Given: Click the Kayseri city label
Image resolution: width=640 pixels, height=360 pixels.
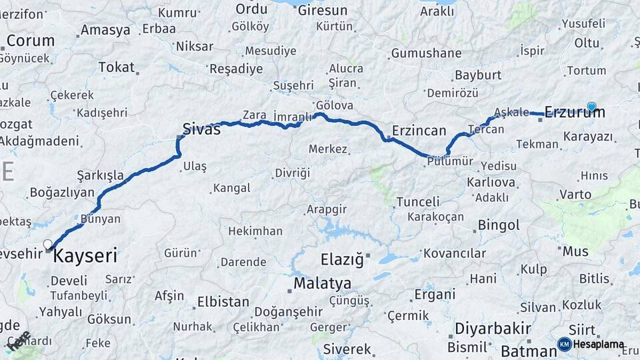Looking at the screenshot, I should tap(85, 255).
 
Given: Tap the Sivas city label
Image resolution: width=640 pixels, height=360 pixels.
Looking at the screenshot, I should tap(201, 129).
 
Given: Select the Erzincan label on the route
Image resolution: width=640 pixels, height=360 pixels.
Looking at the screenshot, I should tap(419, 129).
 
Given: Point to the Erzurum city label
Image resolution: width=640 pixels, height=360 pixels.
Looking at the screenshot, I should tap(575, 113).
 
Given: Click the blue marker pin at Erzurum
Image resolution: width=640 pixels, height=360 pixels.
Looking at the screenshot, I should tap(591, 106).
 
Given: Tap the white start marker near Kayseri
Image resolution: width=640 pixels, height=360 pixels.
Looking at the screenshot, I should tap(47, 245).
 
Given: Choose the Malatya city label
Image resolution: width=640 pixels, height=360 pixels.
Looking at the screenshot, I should tap(323, 283).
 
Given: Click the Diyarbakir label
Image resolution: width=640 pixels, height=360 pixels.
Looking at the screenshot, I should tap(493, 329).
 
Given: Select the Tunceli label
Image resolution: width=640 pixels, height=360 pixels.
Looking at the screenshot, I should tap(418, 201).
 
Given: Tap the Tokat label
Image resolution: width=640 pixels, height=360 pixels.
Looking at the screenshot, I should tap(116, 67).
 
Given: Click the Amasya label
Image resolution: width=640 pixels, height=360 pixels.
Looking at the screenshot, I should tap(105, 30).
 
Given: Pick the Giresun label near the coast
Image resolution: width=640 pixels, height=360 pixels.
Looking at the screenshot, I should tap(323, 11).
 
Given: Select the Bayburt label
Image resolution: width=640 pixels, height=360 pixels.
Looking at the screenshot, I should tap(477, 75).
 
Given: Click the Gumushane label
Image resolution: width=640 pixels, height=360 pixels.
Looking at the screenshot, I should tap(426, 53).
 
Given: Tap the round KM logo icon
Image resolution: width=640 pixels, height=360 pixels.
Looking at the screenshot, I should tap(565, 345).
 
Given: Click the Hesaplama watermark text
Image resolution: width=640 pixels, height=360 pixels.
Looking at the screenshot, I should tap(599, 345).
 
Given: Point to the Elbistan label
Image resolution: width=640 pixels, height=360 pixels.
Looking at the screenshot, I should tap(223, 302).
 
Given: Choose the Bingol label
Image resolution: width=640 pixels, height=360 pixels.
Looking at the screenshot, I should tap(499, 225).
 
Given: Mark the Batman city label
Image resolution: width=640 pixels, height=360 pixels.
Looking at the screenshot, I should tap(524, 351).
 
